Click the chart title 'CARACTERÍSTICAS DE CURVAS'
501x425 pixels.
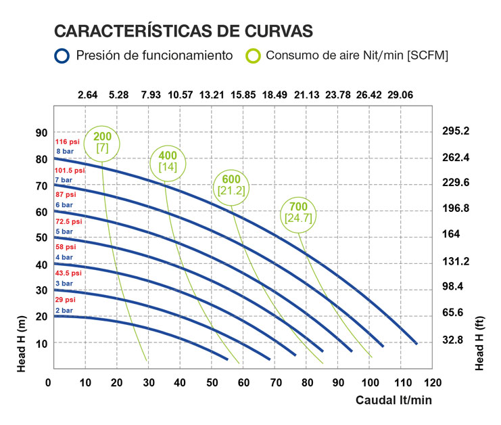click(x=183, y=31)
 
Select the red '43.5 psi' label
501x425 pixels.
click(x=67, y=273)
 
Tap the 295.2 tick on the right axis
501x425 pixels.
click(x=456, y=131)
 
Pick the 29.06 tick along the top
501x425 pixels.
click(x=400, y=95)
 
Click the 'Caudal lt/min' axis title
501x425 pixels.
click(x=393, y=400)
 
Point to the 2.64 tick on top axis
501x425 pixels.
click(x=88, y=95)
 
